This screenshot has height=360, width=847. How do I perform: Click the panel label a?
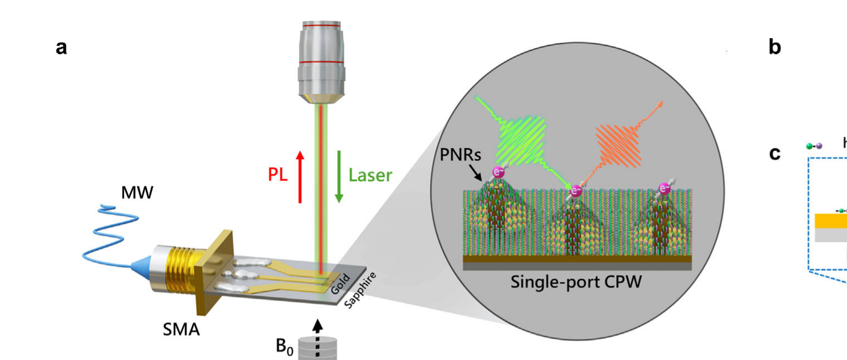click(x=61, y=48)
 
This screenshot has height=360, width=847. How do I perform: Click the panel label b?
click(x=775, y=47)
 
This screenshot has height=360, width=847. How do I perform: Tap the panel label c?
click(x=775, y=153)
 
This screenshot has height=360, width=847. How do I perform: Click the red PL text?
click(x=277, y=174)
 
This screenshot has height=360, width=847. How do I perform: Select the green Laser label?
click(x=370, y=175)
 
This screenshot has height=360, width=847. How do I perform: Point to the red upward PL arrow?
click(x=300, y=177)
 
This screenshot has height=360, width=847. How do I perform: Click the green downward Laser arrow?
click(x=339, y=177)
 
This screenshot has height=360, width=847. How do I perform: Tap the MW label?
click(x=137, y=193)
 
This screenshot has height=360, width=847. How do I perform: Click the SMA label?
click(x=181, y=330)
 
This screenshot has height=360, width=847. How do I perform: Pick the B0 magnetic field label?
click(x=285, y=346)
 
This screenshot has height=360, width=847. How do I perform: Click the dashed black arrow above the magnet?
click(x=318, y=338)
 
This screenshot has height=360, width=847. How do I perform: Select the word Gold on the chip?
click(x=340, y=284)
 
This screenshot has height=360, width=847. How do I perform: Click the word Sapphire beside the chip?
click(x=360, y=290)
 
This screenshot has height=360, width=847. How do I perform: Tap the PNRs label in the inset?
click(x=460, y=155)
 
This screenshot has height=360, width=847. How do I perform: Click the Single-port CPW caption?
click(x=576, y=282)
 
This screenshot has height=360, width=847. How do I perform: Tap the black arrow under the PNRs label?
click(x=476, y=172)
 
